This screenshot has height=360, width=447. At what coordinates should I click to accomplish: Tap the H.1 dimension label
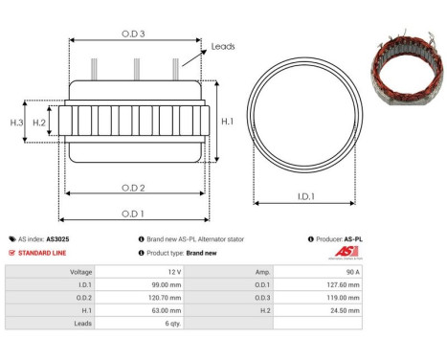pyautogui.click(x=226, y=122)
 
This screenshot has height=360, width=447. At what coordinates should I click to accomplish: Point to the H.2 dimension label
pyautogui.click(x=39, y=123)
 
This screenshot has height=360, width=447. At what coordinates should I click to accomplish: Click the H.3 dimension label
pyautogui.click(x=16, y=123)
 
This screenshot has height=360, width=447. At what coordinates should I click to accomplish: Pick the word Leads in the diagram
pyautogui.click(x=223, y=44)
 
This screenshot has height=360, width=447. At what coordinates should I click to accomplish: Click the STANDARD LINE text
pyautogui.click(x=45, y=253)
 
